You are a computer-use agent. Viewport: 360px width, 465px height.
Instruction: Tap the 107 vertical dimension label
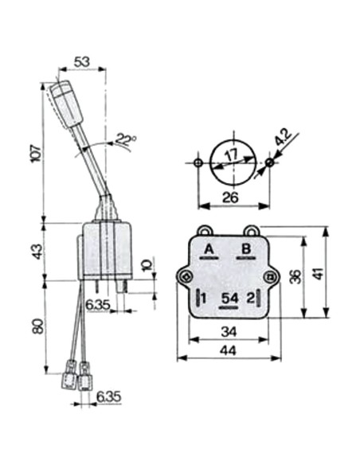coord(32,154)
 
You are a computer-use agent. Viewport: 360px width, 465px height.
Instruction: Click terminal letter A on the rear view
coord(209,249)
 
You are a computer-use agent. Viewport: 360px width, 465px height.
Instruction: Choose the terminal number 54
coord(229,299)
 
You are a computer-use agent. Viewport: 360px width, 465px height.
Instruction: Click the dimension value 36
coord(295,276)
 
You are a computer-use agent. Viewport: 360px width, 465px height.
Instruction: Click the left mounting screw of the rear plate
coord(186,276)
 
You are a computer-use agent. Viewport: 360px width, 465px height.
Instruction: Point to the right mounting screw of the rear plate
coord(271,276)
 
